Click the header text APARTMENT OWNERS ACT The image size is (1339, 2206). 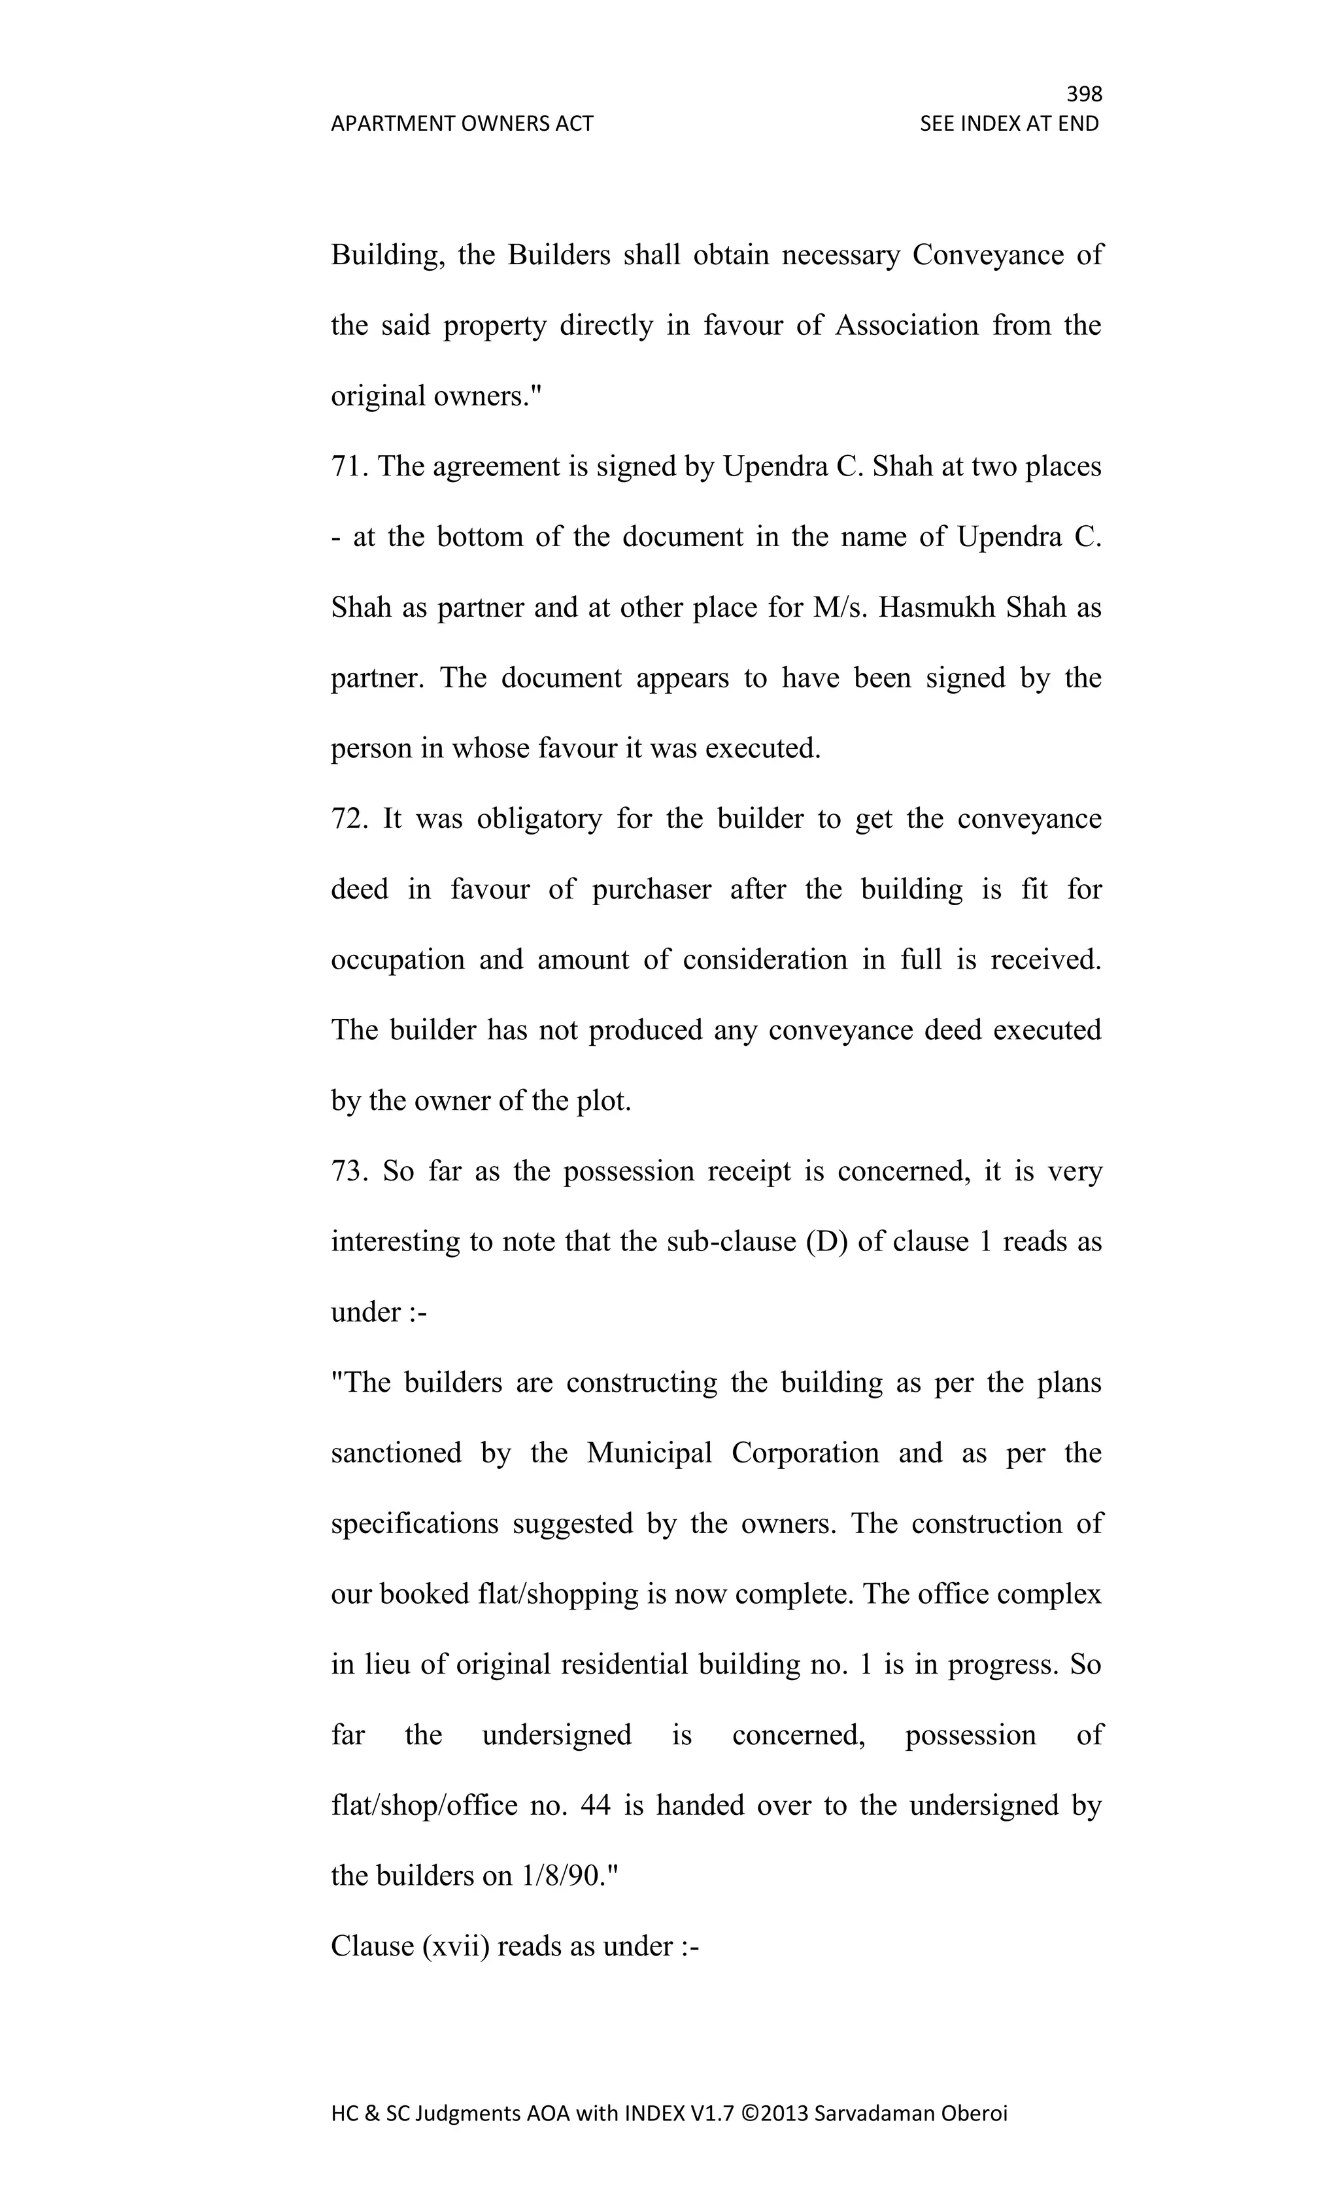point(462,124)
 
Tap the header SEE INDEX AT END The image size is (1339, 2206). point(1009,124)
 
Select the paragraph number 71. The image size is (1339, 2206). point(349,466)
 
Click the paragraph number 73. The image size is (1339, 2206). point(349,1171)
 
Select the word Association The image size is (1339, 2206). point(907,326)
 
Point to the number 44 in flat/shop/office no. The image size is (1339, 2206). point(595,1805)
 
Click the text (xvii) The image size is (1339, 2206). point(454,1946)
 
